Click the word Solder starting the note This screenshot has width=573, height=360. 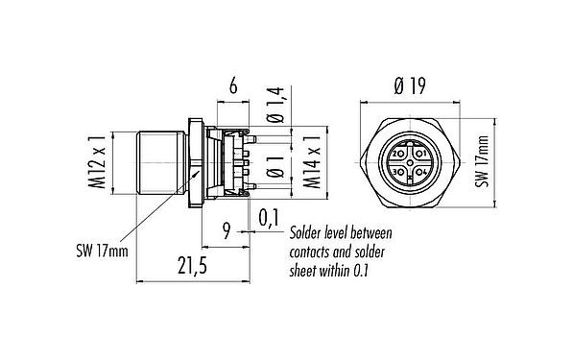[x=308, y=233]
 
